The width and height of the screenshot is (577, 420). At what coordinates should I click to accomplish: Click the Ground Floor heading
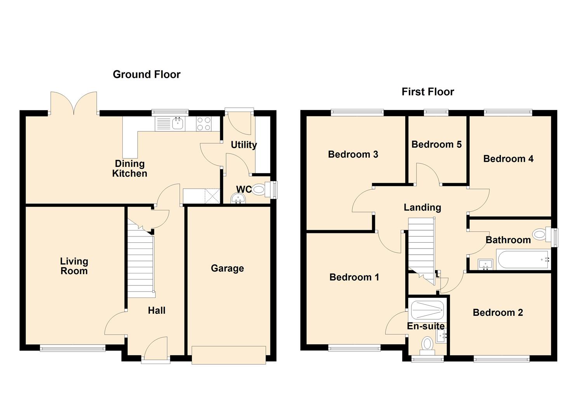[146, 74]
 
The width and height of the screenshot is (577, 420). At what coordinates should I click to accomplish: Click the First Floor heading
[427, 92]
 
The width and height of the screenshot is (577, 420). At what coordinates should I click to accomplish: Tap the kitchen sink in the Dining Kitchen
[178, 124]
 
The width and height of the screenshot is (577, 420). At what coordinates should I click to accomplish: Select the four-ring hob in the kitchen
[204, 124]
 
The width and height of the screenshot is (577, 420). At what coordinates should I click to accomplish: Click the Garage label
[227, 268]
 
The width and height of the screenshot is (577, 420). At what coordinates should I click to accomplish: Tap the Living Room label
[74, 266]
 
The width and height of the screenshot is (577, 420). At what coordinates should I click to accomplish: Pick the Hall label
[157, 310]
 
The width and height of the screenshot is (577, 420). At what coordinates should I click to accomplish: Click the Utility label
[244, 145]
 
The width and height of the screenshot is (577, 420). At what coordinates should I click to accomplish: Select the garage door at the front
[228, 355]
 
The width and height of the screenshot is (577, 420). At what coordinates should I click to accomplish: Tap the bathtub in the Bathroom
[523, 260]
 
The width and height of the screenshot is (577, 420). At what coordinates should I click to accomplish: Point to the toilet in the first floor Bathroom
[541, 234]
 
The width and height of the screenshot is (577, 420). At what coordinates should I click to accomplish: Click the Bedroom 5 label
[436, 144]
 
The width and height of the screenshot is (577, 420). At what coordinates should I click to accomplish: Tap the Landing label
[422, 207]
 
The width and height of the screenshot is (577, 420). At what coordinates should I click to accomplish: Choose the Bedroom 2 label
[498, 312]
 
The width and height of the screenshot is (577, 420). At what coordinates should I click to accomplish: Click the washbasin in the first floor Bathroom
[485, 264]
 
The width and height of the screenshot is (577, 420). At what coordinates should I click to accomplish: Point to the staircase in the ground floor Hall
[141, 264]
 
